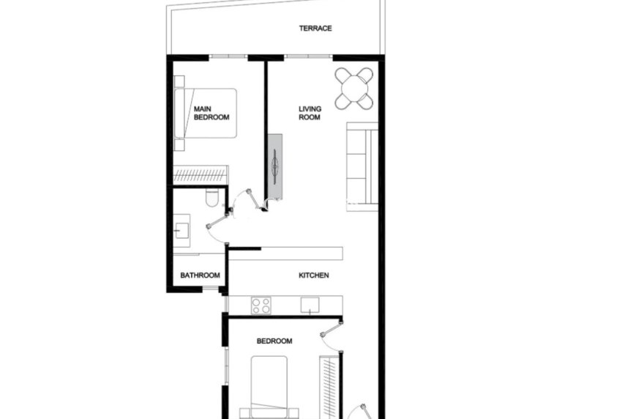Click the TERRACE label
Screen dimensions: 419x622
[x=315, y=29]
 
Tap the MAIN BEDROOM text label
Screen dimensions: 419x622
[x=211, y=113]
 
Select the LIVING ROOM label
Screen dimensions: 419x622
[x=310, y=113]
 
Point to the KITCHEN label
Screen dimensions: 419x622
[x=314, y=275]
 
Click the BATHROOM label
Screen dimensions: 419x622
[x=201, y=275]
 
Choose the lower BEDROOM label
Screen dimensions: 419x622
[x=274, y=341]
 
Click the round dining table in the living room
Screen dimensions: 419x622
[x=354, y=87]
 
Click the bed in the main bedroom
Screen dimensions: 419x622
[x=206, y=114]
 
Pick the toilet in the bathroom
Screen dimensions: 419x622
[x=212, y=197]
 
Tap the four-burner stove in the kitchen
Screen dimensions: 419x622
[x=261, y=305]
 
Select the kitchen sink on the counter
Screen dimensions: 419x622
[x=310, y=305]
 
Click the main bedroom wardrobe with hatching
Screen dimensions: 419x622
[x=201, y=175]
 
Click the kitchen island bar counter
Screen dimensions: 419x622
[x=286, y=253]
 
